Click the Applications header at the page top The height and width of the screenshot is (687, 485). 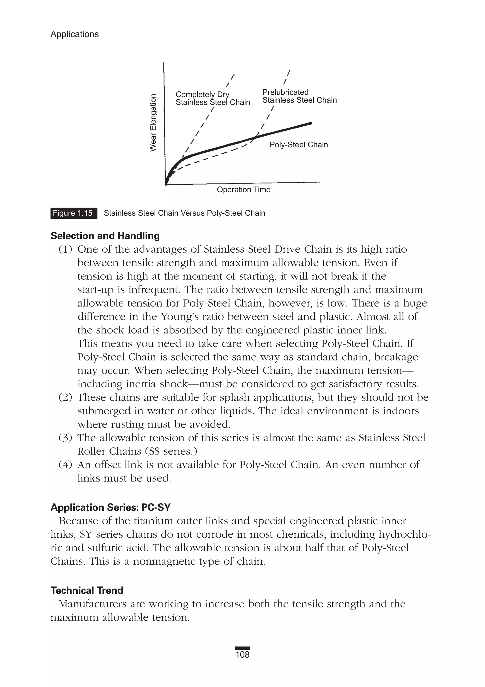point(75,34)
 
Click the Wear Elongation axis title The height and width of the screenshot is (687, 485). point(153,123)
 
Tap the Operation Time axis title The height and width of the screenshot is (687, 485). point(243,190)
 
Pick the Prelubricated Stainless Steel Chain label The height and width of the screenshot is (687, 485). point(299,96)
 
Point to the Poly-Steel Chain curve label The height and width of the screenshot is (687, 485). point(298,145)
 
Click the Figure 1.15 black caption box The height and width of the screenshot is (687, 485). point(74,213)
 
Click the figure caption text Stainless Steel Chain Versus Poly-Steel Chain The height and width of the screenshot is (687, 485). point(184,213)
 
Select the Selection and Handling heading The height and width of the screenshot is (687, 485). point(105,236)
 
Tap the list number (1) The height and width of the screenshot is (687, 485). point(65,249)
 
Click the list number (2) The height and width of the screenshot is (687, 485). point(65,397)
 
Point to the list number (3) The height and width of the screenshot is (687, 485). point(65,438)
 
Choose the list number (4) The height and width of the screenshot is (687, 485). point(65,465)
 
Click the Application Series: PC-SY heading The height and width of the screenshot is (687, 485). point(110,508)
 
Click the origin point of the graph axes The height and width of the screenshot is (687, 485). point(166,184)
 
